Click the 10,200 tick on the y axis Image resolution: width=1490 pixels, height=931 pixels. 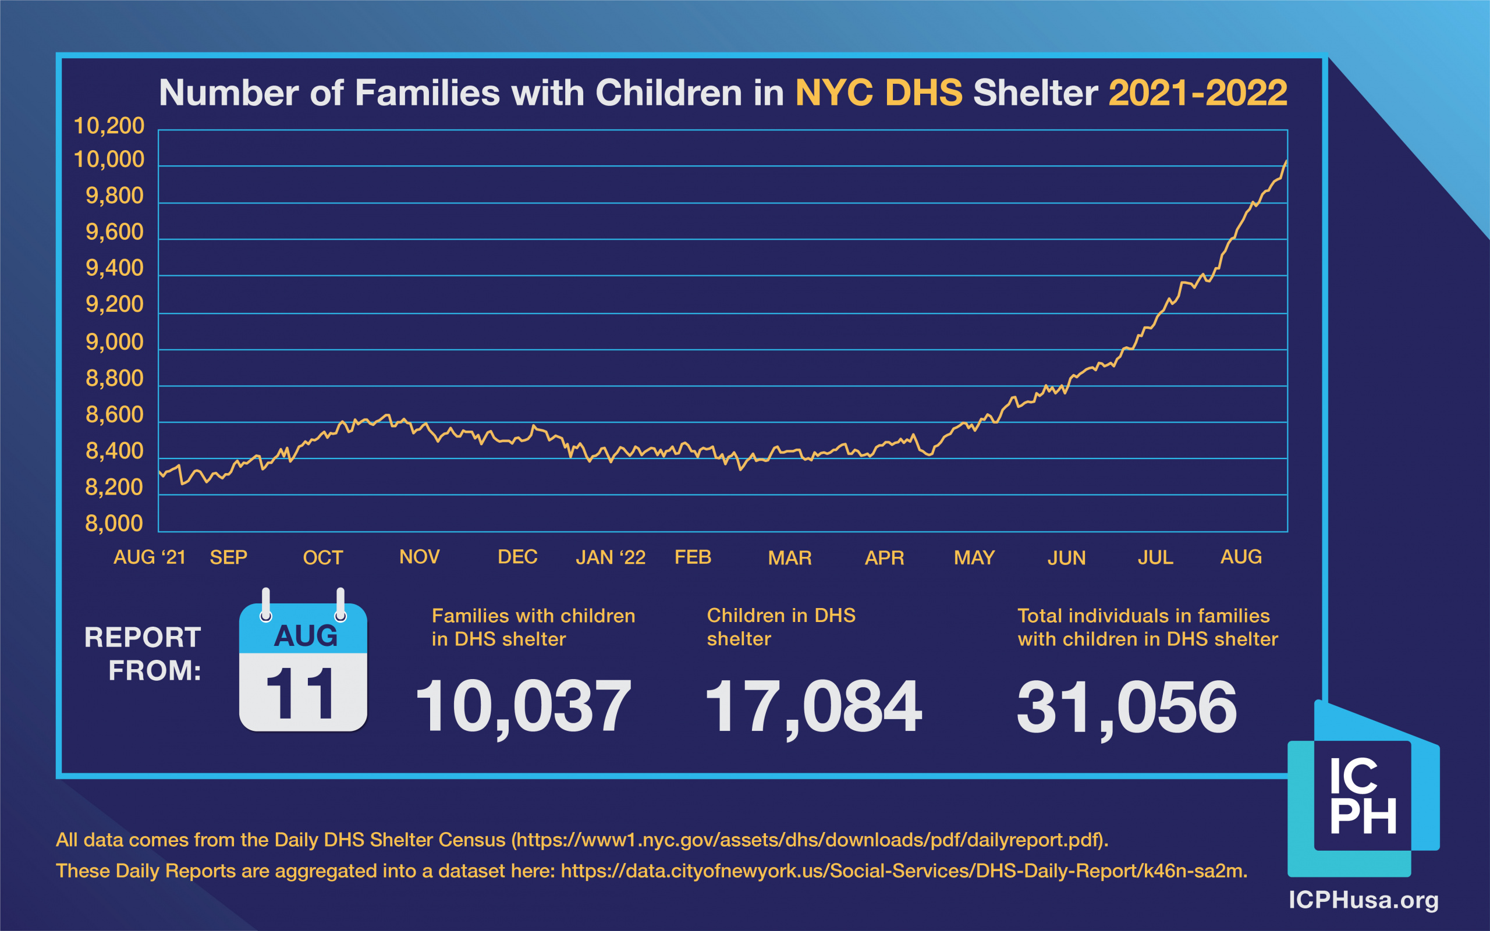tap(108, 126)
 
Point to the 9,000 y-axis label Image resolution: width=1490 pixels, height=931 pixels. tap(114, 342)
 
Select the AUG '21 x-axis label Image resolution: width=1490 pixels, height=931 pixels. tap(150, 557)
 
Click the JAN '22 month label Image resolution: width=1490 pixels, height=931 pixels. tap(610, 557)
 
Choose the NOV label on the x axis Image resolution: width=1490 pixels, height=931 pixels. tap(419, 557)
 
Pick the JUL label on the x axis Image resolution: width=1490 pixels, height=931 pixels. tap(1155, 557)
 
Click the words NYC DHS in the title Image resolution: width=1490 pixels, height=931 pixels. tap(879, 93)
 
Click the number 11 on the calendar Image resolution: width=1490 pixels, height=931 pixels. tap(301, 694)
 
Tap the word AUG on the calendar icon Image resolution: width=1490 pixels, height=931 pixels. tap(306, 636)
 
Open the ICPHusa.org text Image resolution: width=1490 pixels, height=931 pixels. tap(1363, 900)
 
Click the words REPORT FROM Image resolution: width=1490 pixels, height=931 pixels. tap(143, 654)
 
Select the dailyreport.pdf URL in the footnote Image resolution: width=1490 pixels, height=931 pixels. tap(811, 840)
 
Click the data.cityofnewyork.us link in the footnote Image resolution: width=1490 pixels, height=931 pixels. tap(903, 871)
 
